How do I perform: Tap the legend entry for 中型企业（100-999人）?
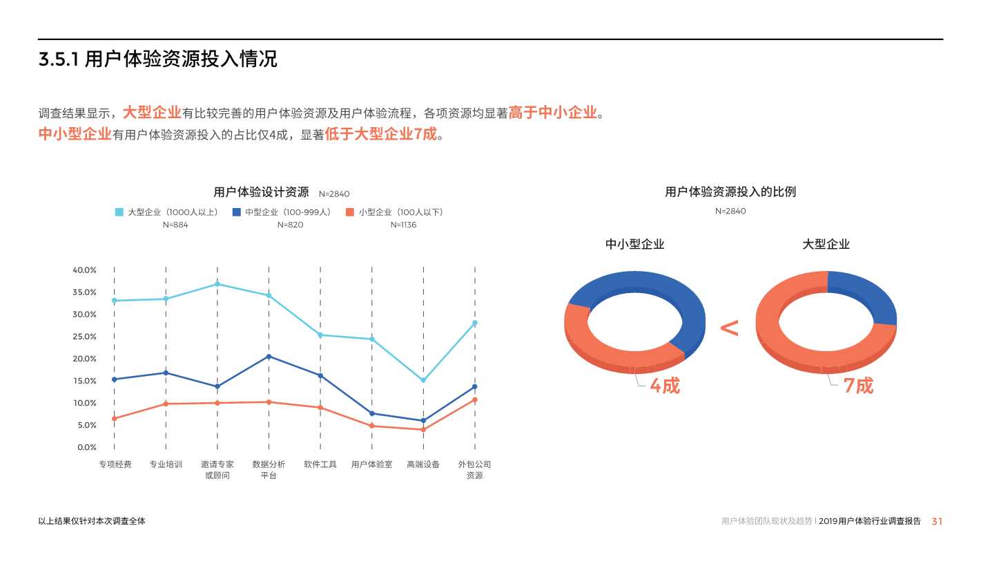pos(284,212)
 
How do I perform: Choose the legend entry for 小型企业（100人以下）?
pos(396,212)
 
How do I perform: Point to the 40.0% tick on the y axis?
pos(84,270)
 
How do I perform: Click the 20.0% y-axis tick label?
pos(84,359)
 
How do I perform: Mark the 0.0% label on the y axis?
pos(86,447)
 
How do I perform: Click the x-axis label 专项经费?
pos(115,464)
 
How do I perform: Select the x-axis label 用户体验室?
pos(371,464)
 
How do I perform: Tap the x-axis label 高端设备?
pos(423,464)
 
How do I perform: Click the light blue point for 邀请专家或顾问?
pos(217,284)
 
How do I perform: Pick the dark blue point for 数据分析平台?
pos(269,357)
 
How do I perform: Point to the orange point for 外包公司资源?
pos(475,399)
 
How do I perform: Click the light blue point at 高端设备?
pos(423,380)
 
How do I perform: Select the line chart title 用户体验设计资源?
pos(261,193)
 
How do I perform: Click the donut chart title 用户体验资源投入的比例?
pos(730,192)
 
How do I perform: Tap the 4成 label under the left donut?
pos(664,386)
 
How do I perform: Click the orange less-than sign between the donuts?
pos(729,328)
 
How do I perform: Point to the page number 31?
pos(937,522)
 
